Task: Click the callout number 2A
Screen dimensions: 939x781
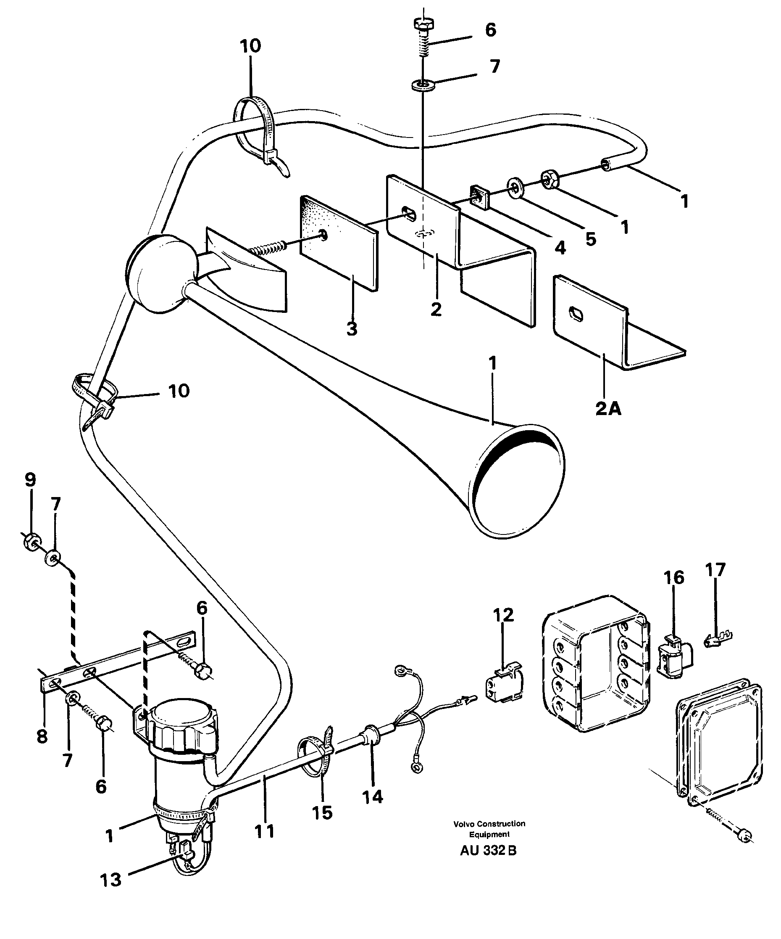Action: coord(608,408)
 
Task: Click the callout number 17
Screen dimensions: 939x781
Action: coord(715,570)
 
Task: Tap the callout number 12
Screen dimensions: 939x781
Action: coord(504,615)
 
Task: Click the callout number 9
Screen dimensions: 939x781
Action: coord(30,480)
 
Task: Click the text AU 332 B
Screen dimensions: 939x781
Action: coord(488,850)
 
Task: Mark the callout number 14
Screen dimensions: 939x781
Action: coord(372,796)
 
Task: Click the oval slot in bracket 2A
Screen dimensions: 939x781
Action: coord(576,314)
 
